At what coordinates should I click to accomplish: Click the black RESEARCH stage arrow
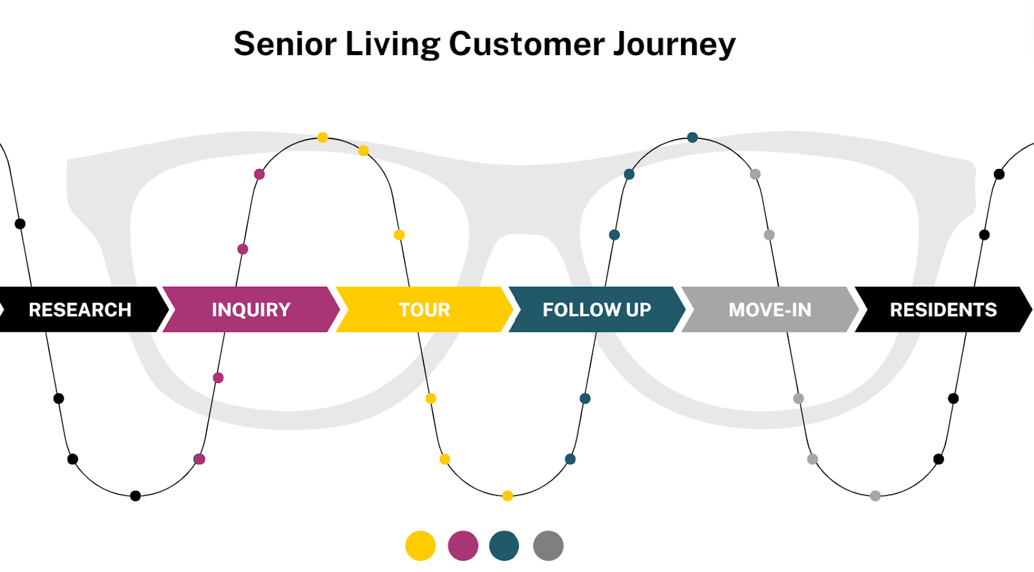tap(80, 309)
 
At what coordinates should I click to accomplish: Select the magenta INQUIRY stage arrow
tap(251, 309)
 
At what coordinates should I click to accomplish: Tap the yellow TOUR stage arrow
tap(424, 309)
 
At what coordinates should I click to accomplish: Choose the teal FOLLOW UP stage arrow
tap(596, 309)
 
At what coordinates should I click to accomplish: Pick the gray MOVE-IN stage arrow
tap(770, 309)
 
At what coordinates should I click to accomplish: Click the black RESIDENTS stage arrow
tap(943, 309)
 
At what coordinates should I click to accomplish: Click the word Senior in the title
tap(285, 44)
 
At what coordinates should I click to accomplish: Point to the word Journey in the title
tap(674, 45)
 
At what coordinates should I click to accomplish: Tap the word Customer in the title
tap(527, 44)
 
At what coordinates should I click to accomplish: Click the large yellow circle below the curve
tap(420, 545)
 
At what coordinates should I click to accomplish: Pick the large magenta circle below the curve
tap(463, 545)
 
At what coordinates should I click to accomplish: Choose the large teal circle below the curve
tap(504, 545)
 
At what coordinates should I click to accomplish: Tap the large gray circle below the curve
tap(548, 545)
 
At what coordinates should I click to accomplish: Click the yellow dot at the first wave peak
tap(322, 137)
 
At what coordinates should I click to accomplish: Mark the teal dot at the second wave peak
tap(692, 137)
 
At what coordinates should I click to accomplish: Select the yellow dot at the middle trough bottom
tap(507, 496)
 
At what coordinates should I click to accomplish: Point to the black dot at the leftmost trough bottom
tap(135, 496)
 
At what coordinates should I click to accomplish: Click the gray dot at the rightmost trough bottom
tap(875, 496)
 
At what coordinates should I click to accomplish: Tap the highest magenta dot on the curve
tap(259, 174)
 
